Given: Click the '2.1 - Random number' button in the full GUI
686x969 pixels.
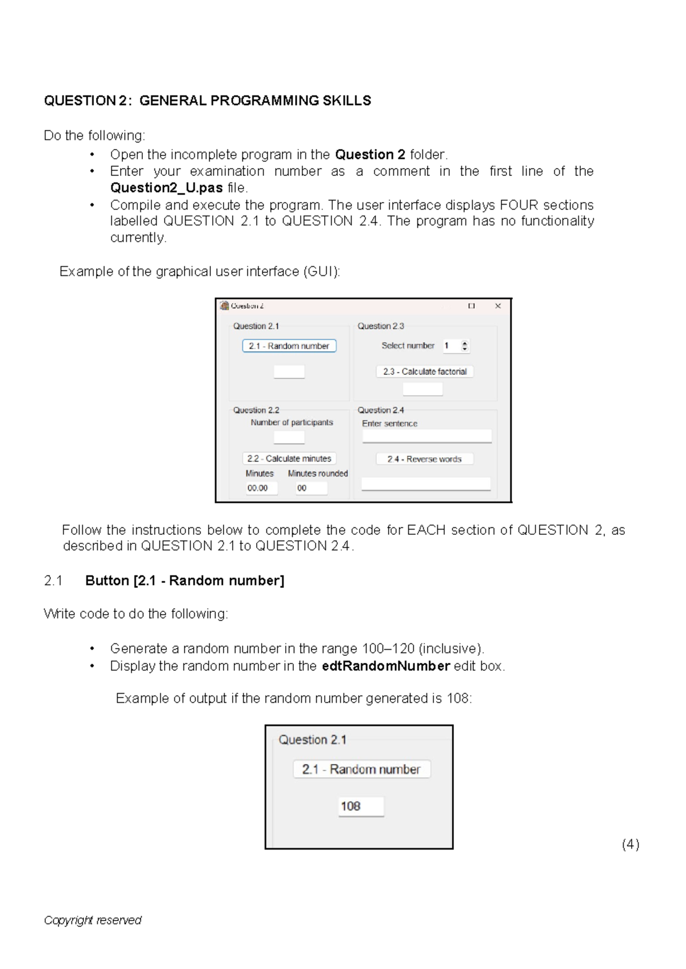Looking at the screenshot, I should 289,346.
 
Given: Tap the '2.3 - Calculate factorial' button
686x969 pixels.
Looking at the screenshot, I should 425,371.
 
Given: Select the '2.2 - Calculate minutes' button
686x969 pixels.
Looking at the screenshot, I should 289,458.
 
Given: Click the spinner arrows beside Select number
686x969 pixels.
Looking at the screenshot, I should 465,346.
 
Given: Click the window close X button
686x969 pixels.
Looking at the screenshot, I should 498,306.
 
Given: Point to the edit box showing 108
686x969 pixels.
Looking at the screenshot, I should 361,806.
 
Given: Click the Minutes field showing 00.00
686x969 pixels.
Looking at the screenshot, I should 261,488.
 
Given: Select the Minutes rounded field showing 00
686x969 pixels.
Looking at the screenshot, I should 312,488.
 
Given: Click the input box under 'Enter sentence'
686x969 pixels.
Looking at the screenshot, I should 426,437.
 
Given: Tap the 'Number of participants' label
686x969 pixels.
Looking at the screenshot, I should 292,422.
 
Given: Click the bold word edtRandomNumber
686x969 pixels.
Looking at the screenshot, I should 386,666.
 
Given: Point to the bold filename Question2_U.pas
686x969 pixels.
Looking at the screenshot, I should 166,188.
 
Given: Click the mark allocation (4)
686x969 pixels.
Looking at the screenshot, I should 631,844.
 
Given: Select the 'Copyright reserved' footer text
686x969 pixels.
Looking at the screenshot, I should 93,920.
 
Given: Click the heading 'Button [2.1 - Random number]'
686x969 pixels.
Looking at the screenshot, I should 185,580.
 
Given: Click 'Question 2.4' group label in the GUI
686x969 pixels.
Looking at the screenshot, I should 381,410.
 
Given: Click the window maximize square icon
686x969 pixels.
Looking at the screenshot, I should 472,306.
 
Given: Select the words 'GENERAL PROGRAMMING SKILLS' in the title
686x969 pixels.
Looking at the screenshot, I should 255,101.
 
